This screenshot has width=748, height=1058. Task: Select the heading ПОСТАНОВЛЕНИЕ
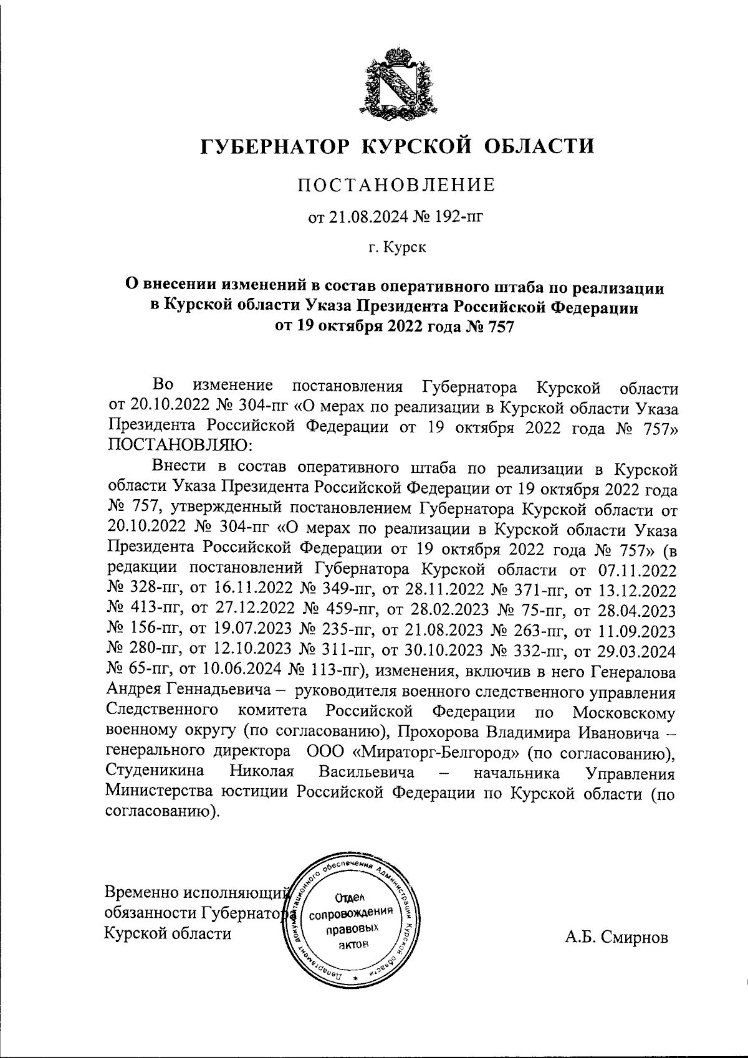click(x=396, y=185)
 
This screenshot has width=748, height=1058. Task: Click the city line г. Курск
click(x=396, y=248)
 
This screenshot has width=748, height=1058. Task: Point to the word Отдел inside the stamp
click(x=350, y=898)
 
